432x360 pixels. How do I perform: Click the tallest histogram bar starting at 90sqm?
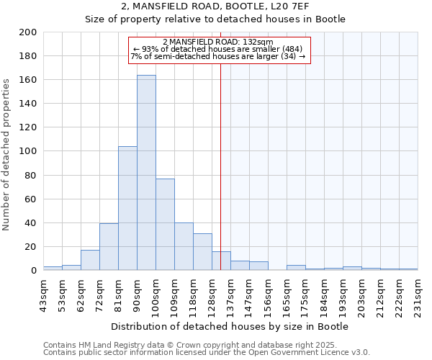coord(146,173)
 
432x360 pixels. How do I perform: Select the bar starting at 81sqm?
coord(127,209)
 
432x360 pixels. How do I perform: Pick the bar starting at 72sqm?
coord(109,247)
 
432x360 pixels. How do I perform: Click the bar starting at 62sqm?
coord(90,260)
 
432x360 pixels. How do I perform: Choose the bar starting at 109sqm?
coord(184,247)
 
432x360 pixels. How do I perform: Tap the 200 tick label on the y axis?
coord(28,32)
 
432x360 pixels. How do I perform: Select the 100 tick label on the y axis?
coord(28,151)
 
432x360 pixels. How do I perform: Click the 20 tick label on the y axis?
coord(31,246)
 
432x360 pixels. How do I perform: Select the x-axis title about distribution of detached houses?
coord(230,326)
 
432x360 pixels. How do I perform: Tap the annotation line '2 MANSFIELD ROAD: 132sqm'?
coord(218,42)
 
